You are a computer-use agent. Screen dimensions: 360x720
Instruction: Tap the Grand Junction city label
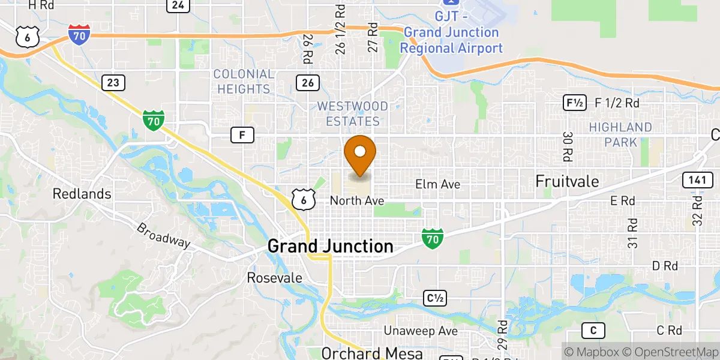pyautogui.click(x=330, y=246)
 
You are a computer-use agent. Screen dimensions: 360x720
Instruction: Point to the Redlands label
pyautogui.click(x=82, y=194)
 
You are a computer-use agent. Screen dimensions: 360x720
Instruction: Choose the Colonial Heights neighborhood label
pyautogui.click(x=244, y=82)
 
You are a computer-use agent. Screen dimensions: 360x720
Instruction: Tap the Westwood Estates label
pyautogui.click(x=352, y=113)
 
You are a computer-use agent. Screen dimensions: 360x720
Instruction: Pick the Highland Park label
pyautogui.click(x=620, y=134)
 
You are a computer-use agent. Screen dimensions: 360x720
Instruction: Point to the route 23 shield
pyautogui.click(x=113, y=82)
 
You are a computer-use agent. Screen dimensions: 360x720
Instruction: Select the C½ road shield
pyautogui.click(x=436, y=298)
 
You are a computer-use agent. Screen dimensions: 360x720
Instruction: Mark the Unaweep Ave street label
pyautogui.click(x=420, y=331)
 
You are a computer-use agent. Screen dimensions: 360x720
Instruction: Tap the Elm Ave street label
pyautogui.click(x=438, y=184)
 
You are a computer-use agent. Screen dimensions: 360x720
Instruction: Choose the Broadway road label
pyautogui.click(x=163, y=236)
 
